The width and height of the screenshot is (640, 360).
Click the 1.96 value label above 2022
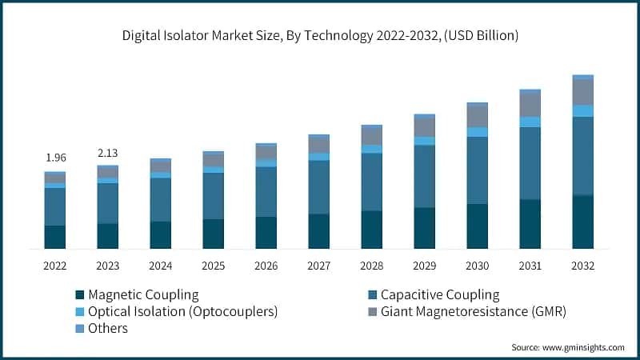54,157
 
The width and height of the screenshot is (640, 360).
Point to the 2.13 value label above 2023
107,153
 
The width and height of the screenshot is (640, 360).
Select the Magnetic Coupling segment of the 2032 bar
582,222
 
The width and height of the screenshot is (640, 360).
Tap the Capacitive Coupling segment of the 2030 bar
477,170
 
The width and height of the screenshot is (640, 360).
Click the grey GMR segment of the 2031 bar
530,105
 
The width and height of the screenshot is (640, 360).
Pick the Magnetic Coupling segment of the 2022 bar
54,237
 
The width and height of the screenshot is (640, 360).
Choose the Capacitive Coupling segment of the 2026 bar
266,192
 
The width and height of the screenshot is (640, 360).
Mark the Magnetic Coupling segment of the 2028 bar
371,230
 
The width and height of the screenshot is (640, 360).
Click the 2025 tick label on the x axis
213,265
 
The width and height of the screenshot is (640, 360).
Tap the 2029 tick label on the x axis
424,265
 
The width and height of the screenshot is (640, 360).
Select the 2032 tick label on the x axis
582,265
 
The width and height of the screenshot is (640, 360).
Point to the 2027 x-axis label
318,265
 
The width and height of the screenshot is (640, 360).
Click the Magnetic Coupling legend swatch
79,294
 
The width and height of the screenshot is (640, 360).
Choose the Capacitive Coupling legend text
439,294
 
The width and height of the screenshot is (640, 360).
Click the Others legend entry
107,328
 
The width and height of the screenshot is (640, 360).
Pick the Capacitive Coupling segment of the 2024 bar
160,200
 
